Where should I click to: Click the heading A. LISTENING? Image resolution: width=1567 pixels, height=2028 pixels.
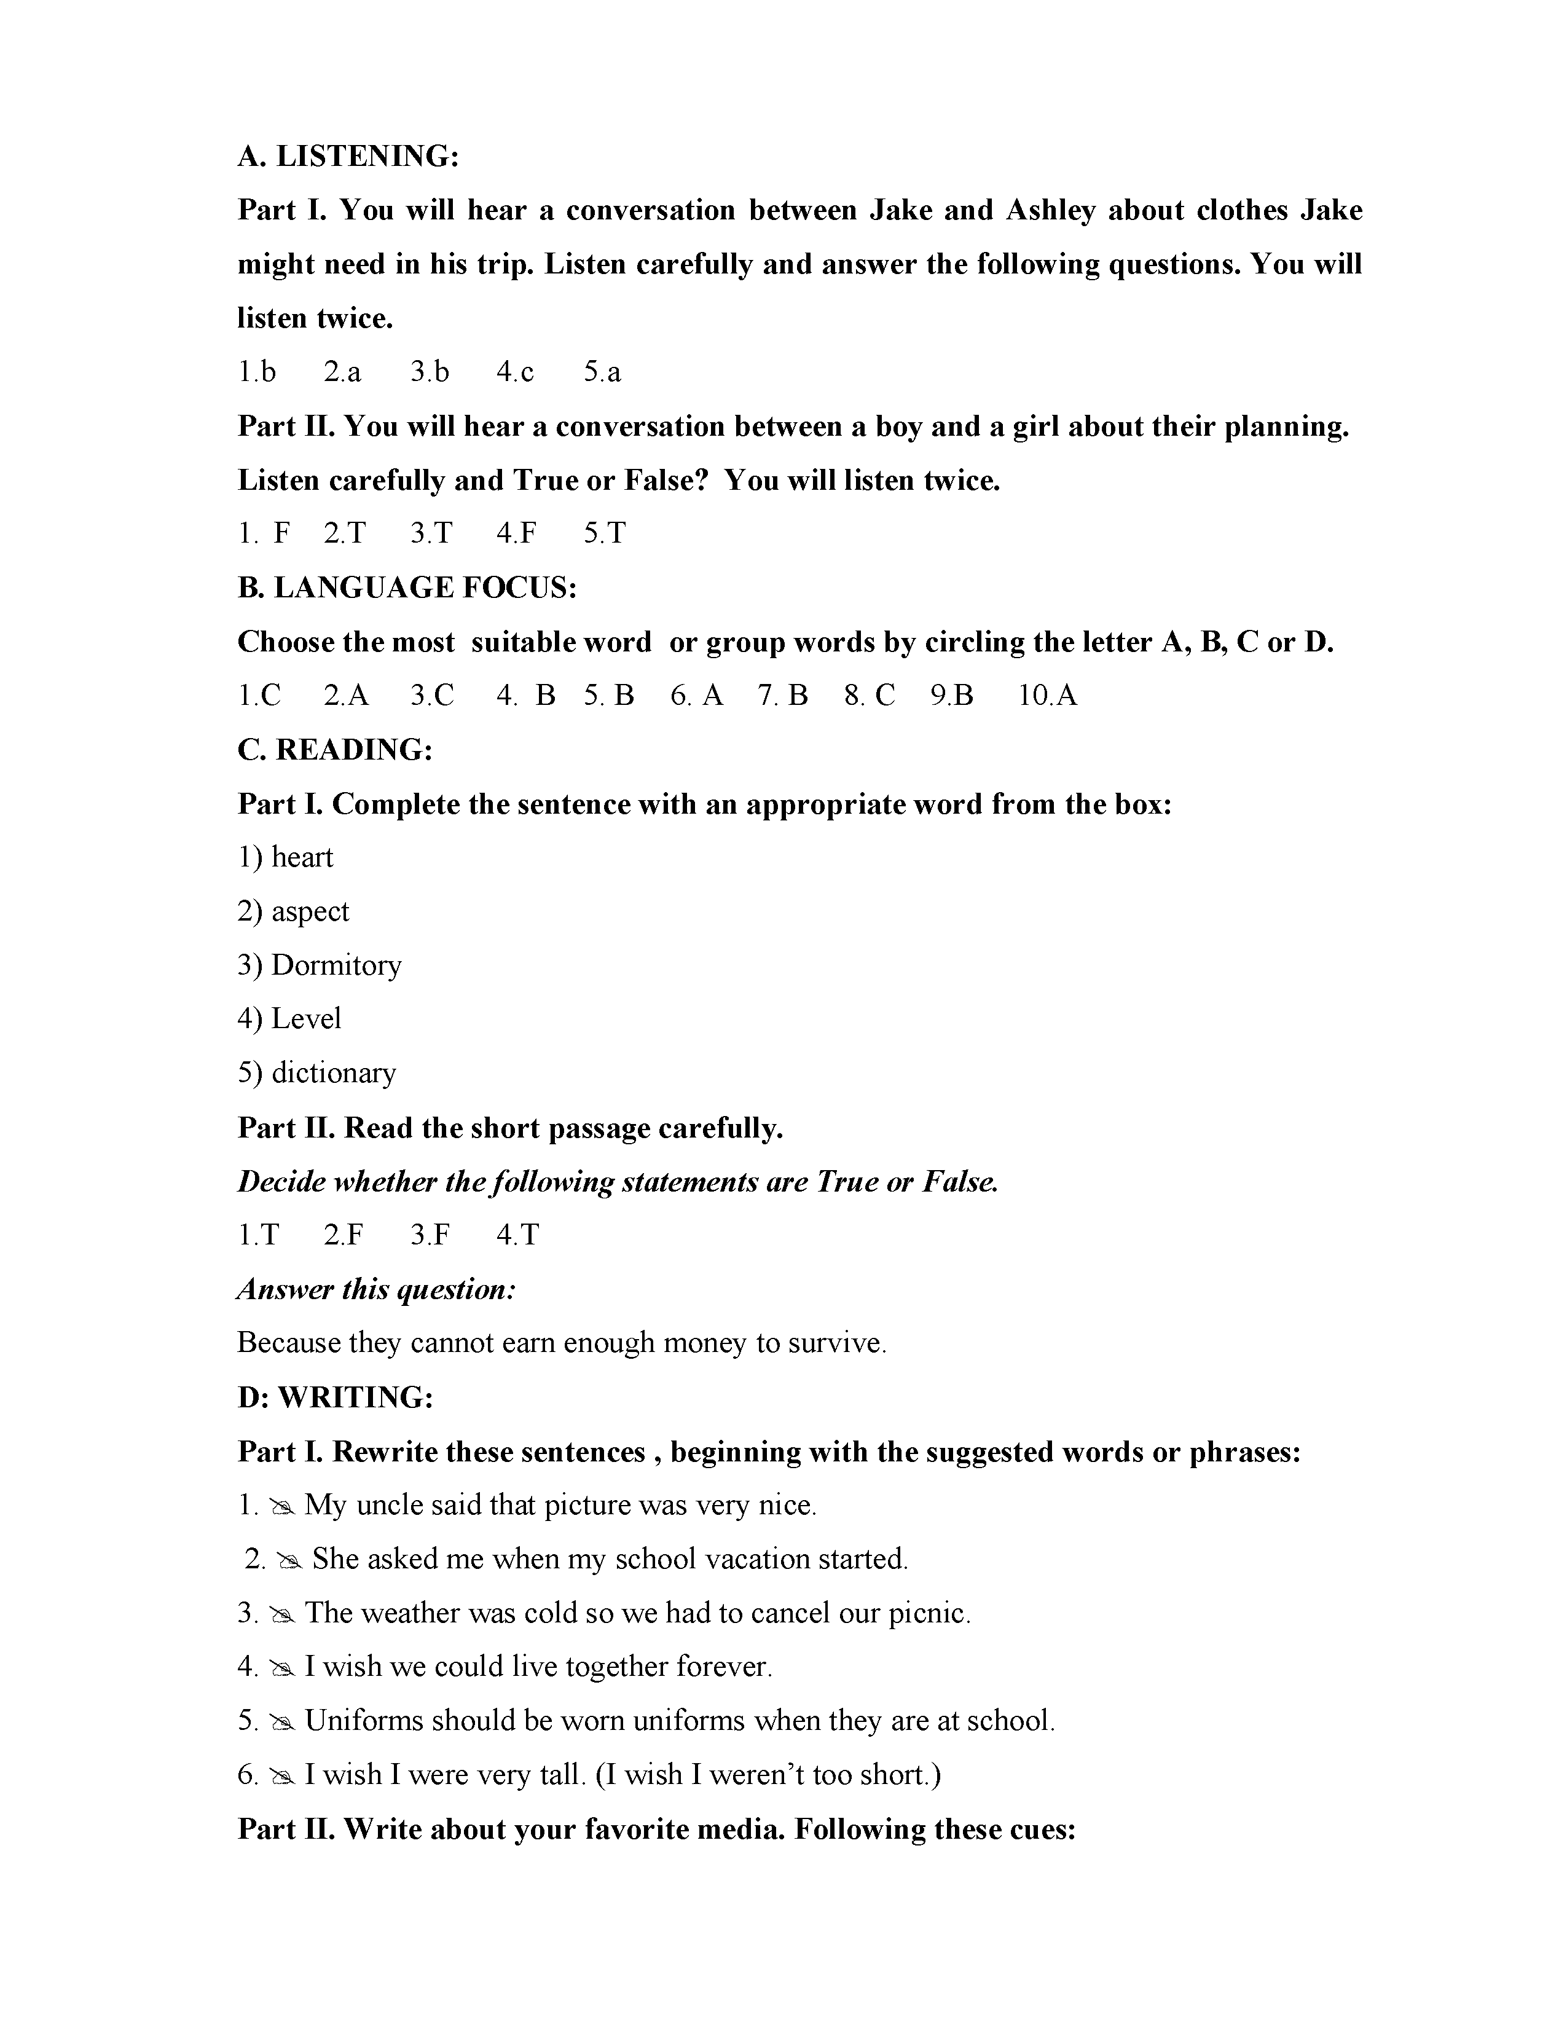point(348,156)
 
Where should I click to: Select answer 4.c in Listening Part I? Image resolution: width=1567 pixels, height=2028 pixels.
point(515,372)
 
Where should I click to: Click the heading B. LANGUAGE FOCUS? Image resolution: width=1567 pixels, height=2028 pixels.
point(407,588)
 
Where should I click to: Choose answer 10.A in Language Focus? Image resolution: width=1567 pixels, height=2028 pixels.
point(1047,696)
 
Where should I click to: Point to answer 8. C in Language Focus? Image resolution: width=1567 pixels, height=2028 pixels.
point(870,696)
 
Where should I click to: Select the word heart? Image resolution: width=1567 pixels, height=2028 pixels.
point(302,857)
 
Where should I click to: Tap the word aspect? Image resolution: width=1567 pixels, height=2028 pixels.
point(310,912)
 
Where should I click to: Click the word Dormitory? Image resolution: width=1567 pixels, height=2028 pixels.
point(336,965)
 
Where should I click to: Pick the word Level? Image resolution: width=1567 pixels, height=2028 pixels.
point(307,1019)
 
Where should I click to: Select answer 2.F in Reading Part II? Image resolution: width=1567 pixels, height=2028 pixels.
point(344,1235)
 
